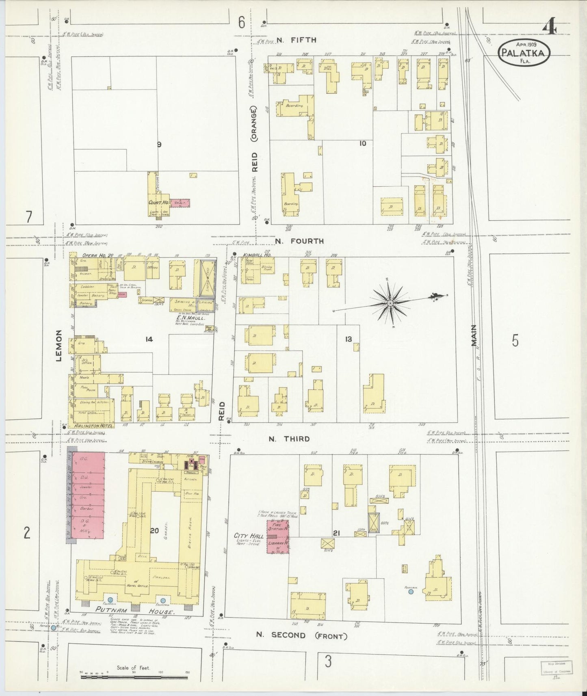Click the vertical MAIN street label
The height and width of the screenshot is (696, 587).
(474, 335)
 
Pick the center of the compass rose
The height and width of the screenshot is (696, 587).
(390, 303)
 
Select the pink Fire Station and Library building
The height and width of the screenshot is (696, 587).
(277, 537)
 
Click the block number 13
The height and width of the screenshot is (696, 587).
(348, 339)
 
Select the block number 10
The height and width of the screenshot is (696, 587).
(362, 143)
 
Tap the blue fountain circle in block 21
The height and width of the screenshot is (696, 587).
(411, 592)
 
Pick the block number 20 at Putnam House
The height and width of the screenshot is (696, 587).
(154, 531)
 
